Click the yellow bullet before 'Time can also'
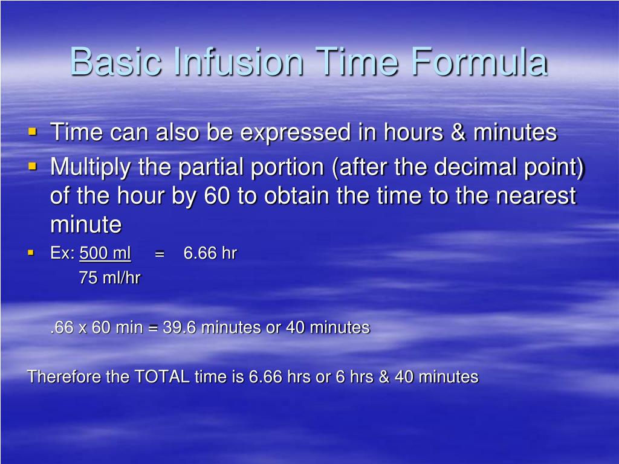(33, 130)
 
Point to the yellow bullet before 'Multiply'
(33, 165)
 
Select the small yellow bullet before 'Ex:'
(30, 253)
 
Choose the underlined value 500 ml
(105, 253)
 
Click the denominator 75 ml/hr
(109, 278)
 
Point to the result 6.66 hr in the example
(210, 253)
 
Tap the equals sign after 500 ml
(160, 254)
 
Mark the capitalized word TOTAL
(162, 377)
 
